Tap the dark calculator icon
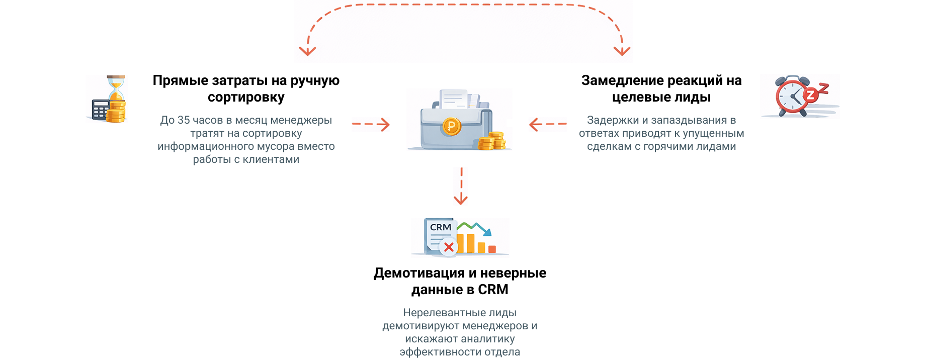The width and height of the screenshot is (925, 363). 100,110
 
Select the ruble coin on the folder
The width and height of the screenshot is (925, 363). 451,126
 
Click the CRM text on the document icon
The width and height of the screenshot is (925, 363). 441,227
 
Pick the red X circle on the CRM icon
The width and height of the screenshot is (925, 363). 449,247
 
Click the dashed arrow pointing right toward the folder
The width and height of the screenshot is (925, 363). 371,124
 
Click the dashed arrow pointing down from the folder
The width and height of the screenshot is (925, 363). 461,187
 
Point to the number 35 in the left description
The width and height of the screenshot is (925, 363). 184,120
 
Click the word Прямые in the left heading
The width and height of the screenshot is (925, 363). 180,80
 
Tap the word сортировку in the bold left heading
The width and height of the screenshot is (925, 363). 246,97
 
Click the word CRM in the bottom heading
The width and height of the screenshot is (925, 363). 493,290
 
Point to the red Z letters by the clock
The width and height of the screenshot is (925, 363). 815,93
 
